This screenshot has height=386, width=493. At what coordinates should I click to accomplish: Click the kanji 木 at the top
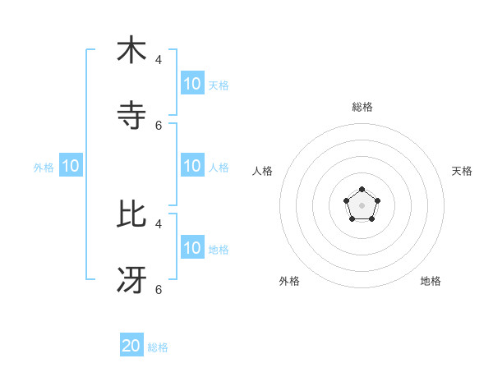coord(131,50)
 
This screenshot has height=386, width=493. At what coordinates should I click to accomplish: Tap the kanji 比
coord(131,214)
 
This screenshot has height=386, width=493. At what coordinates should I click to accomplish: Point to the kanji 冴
coord(131,280)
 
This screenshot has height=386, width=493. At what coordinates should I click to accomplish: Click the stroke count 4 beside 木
coord(159,59)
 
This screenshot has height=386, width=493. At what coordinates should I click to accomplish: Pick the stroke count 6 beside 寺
coord(159,125)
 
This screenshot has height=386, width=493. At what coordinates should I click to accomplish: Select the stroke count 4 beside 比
coord(159,223)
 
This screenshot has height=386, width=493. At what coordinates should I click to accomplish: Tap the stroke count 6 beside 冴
coord(159,289)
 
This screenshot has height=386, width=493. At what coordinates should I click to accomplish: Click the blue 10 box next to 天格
coord(192,84)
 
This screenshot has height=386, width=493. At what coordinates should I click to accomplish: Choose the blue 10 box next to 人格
coord(192,166)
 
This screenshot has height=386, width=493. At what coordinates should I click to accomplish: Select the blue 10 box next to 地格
coord(192,248)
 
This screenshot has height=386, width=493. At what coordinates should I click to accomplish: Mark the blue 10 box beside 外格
coord(71,166)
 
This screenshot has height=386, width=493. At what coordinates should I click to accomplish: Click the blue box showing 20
coord(131,346)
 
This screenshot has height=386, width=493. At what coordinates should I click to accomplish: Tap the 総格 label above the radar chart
coord(362,107)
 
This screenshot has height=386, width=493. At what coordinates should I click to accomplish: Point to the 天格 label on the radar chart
coord(462,171)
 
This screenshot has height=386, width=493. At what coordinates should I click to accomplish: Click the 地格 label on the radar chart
coord(431,281)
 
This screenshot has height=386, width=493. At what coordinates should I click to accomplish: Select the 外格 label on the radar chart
coord(289,281)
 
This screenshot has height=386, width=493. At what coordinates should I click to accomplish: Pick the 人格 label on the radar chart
coord(263,171)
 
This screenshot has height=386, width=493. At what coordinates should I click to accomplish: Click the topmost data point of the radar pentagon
coord(362,190)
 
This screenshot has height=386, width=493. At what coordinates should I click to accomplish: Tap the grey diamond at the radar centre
coord(362,205)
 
